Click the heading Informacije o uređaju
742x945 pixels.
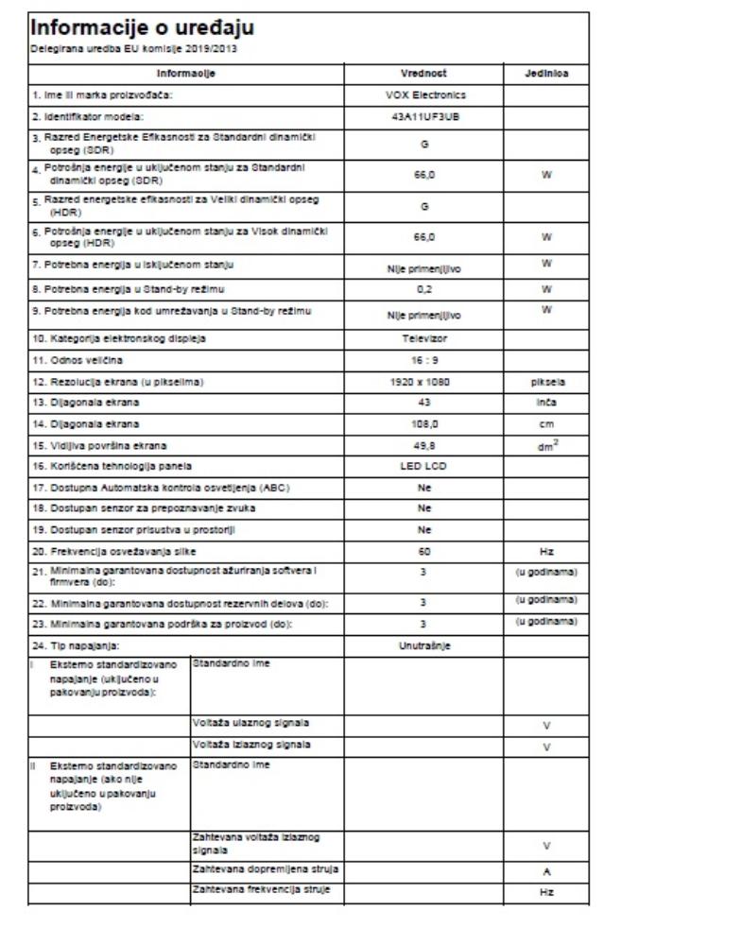coord(143,28)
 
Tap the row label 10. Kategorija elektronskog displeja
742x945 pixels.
coord(117,338)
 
